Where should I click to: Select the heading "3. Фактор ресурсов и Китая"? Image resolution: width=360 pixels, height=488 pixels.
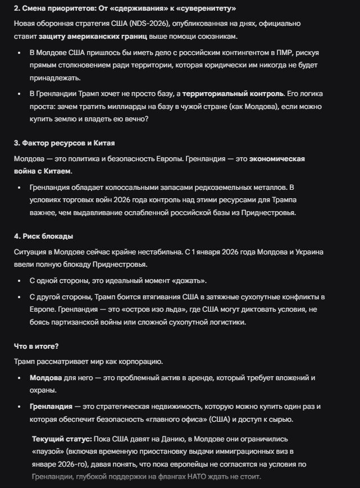(64, 143)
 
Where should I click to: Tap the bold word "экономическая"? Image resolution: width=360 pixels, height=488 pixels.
(277, 159)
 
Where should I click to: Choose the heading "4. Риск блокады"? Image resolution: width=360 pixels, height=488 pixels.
(43, 236)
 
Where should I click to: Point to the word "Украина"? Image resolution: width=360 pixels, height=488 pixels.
(308, 252)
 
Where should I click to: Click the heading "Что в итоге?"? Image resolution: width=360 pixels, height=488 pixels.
(37, 346)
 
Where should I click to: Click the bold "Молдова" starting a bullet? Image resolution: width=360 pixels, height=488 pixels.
(45, 378)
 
